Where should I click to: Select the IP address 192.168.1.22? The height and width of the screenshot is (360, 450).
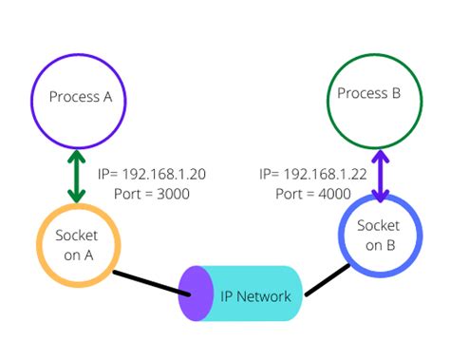[x=326, y=174]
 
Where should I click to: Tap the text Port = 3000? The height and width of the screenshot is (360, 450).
[x=144, y=193]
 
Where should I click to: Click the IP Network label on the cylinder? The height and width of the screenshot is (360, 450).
[x=256, y=295]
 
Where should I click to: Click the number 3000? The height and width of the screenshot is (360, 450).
[x=173, y=193]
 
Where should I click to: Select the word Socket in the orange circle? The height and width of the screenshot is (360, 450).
[x=77, y=235]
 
